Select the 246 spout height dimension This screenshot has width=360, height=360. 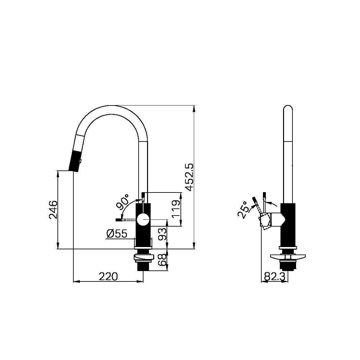pos(53,210)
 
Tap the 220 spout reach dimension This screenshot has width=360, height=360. pos(108,277)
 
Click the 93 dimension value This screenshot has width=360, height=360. pos(162,234)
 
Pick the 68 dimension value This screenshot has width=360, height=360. pos(162,260)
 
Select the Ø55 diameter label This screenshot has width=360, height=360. pos(117,233)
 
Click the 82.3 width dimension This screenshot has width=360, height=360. pos(274,277)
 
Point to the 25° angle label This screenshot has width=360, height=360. pos(243,210)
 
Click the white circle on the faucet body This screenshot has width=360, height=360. pos(143,220)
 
